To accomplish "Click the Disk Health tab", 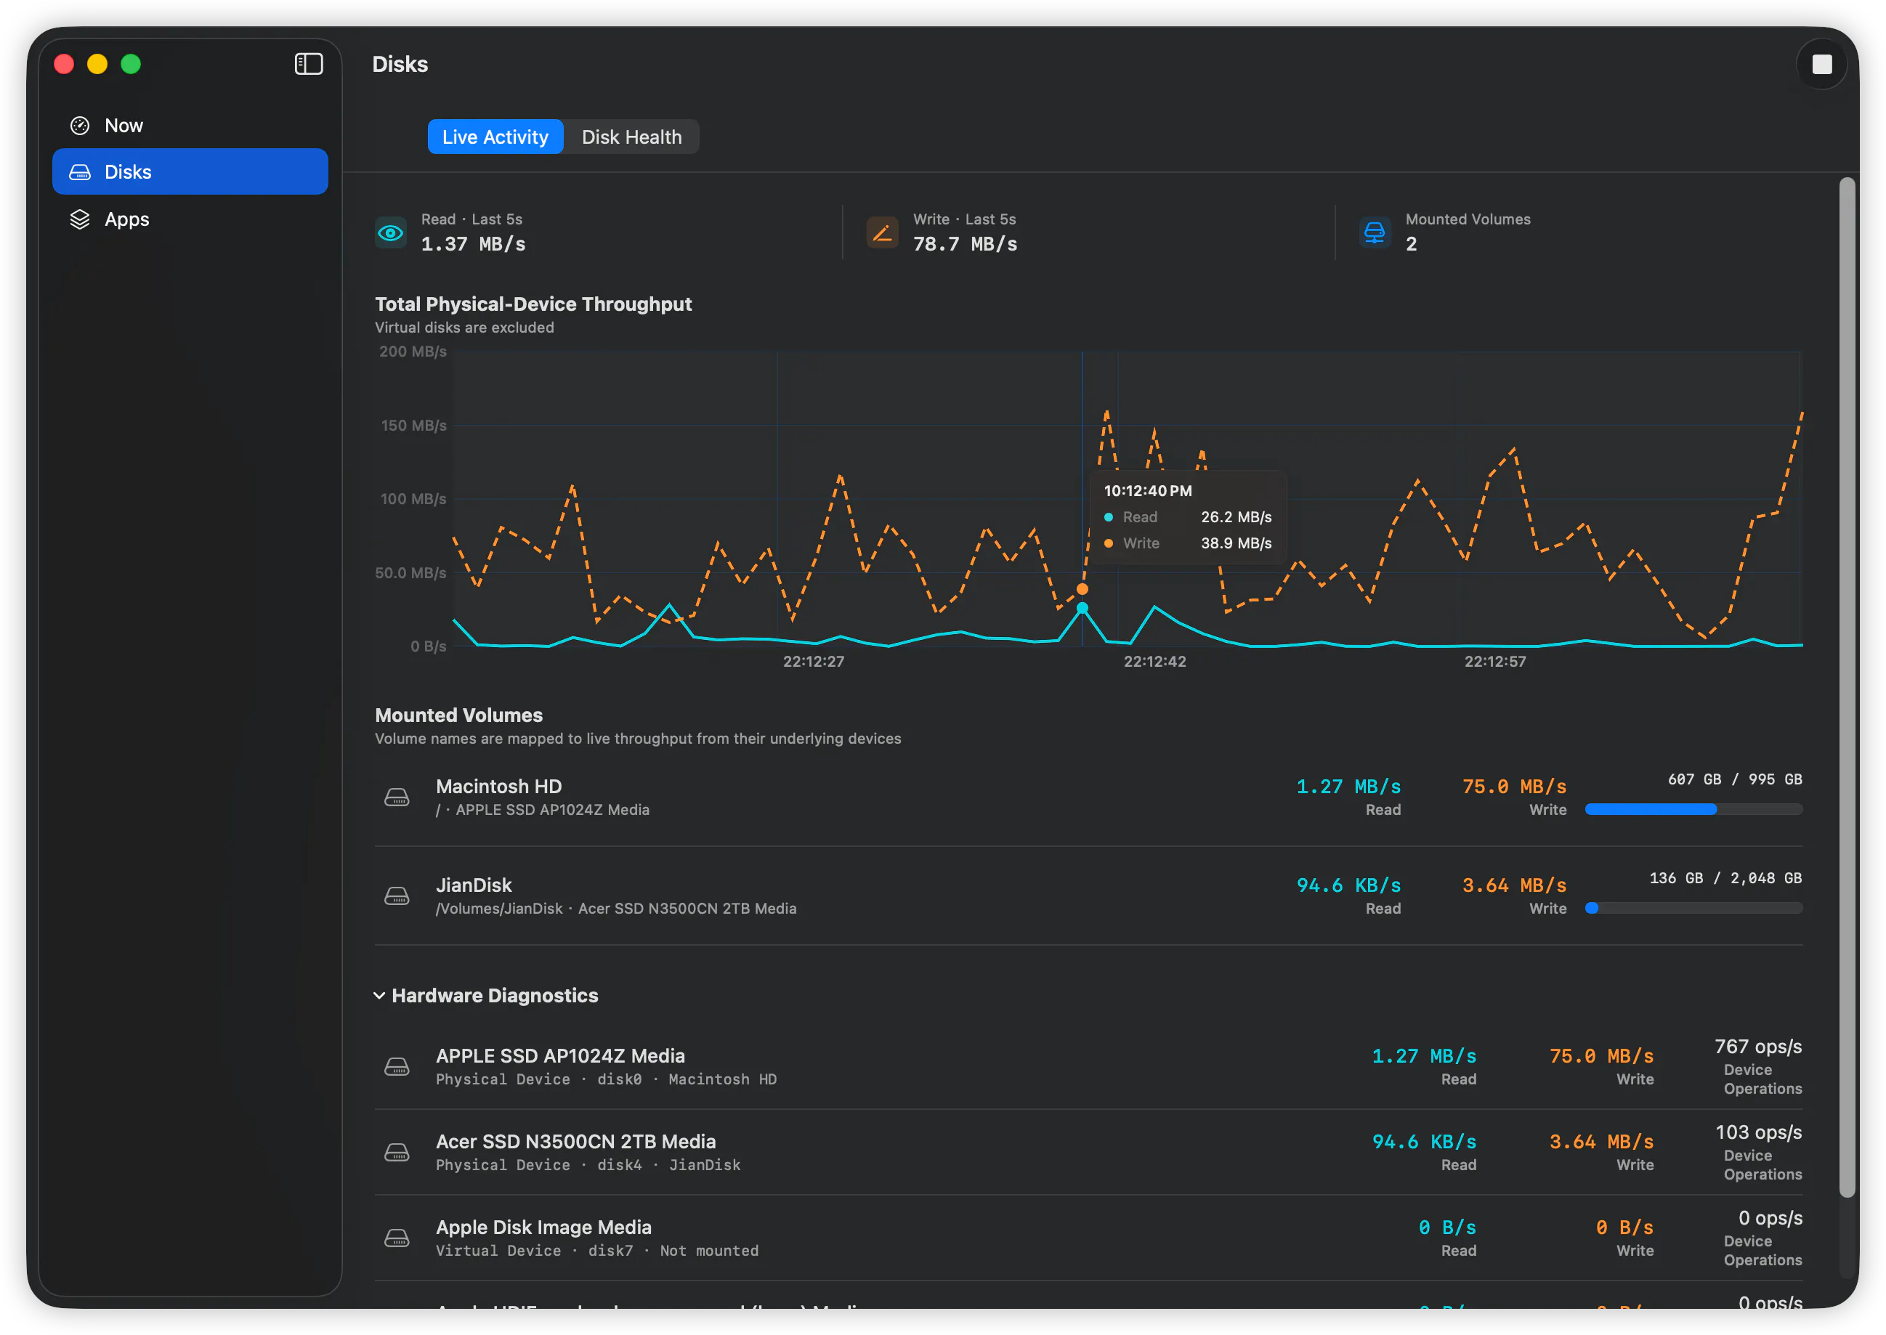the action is click(631, 137).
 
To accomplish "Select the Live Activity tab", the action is click(495, 137).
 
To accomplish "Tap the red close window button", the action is click(64, 64).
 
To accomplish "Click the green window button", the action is click(131, 64).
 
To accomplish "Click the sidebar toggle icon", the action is click(308, 64).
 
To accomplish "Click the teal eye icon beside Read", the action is click(391, 232).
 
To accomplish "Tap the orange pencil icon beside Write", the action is click(882, 232).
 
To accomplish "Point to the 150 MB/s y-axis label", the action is click(413, 425).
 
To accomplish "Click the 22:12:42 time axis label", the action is click(1154, 661).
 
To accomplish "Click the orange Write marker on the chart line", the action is click(1082, 589).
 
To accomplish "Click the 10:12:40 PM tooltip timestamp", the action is click(1147, 491).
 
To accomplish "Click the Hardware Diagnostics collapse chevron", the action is click(379, 996).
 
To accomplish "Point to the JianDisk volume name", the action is click(474, 885).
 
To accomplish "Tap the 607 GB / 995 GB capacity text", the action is click(1735, 779).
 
